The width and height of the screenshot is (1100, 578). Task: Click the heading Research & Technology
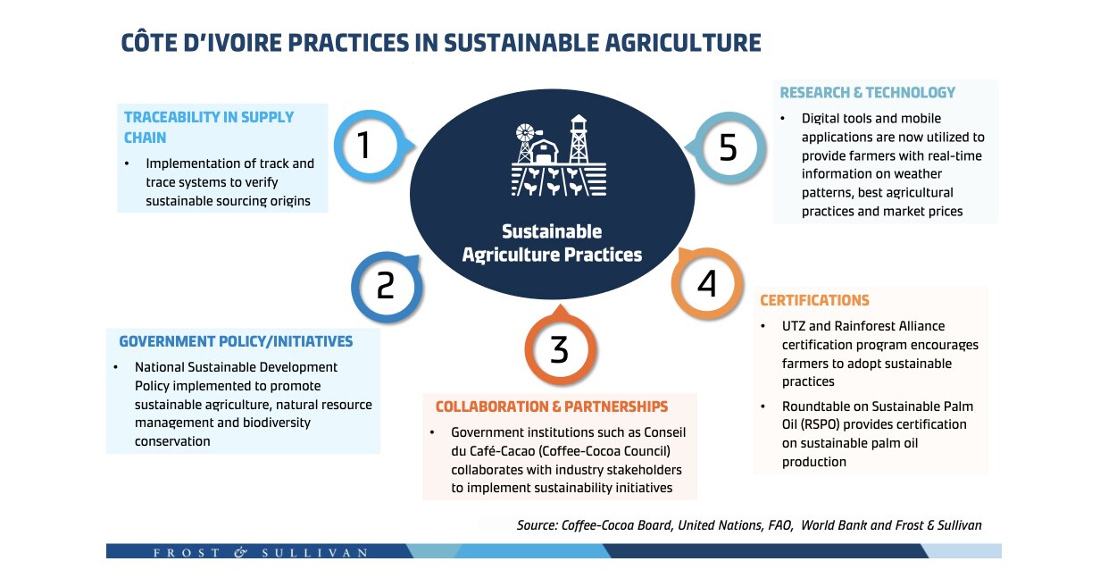pyautogui.click(x=867, y=92)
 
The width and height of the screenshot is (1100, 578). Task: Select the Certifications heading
pyautogui.click(x=814, y=300)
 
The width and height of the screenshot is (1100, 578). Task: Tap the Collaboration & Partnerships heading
pyautogui.click(x=552, y=406)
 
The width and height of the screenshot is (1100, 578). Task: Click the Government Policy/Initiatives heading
pyautogui.click(x=236, y=341)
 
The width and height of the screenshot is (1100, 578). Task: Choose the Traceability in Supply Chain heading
pyautogui.click(x=209, y=127)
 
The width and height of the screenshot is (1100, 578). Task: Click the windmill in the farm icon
pyautogui.click(x=525, y=142)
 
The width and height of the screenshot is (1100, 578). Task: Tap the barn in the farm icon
pyautogui.click(x=543, y=151)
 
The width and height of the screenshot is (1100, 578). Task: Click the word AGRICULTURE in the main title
pyautogui.click(x=683, y=43)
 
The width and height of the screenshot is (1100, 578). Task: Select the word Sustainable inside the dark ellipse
pyautogui.click(x=552, y=231)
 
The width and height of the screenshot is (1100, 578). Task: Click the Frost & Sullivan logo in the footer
pyautogui.click(x=260, y=552)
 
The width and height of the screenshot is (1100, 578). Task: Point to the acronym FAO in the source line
pyautogui.click(x=780, y=525)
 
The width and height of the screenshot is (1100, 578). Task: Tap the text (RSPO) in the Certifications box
pyautogui.click(x=820, y=424)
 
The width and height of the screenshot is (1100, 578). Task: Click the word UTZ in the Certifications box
pyautogui.click(x=794, y=326)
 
